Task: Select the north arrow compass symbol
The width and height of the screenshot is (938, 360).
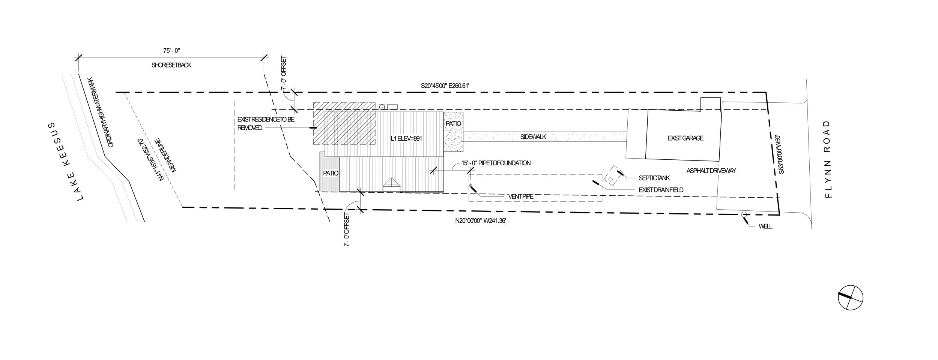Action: click(x=851, y=297)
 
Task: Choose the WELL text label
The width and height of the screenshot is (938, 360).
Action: click(x=765, y=226)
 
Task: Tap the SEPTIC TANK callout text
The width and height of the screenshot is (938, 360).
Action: click(x=654, y=178)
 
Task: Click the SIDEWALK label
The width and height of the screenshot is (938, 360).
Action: click(x=533, y=137)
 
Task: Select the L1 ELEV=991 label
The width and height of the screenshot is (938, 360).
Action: click(x=406, y=139)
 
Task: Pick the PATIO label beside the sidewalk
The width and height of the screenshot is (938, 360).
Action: click(x=453, y=124)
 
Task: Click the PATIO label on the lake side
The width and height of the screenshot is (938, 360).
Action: click(x=331, y=173)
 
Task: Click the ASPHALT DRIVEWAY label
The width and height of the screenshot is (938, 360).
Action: click(x=711, y=171)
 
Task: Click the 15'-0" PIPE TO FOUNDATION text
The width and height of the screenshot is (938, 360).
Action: click(x=496, y=163)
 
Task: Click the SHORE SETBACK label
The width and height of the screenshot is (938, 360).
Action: click(x=171, y=65)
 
